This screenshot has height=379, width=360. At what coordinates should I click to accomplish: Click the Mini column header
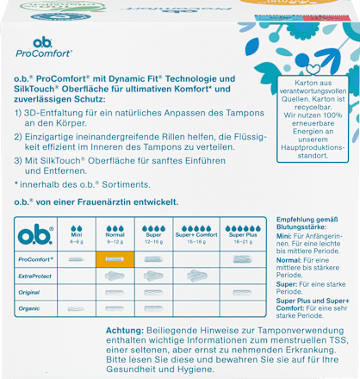[x=76, y=235]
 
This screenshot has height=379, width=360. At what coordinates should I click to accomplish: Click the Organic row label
[x=32, y=307]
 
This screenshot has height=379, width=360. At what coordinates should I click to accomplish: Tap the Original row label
[x=32, y=291]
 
